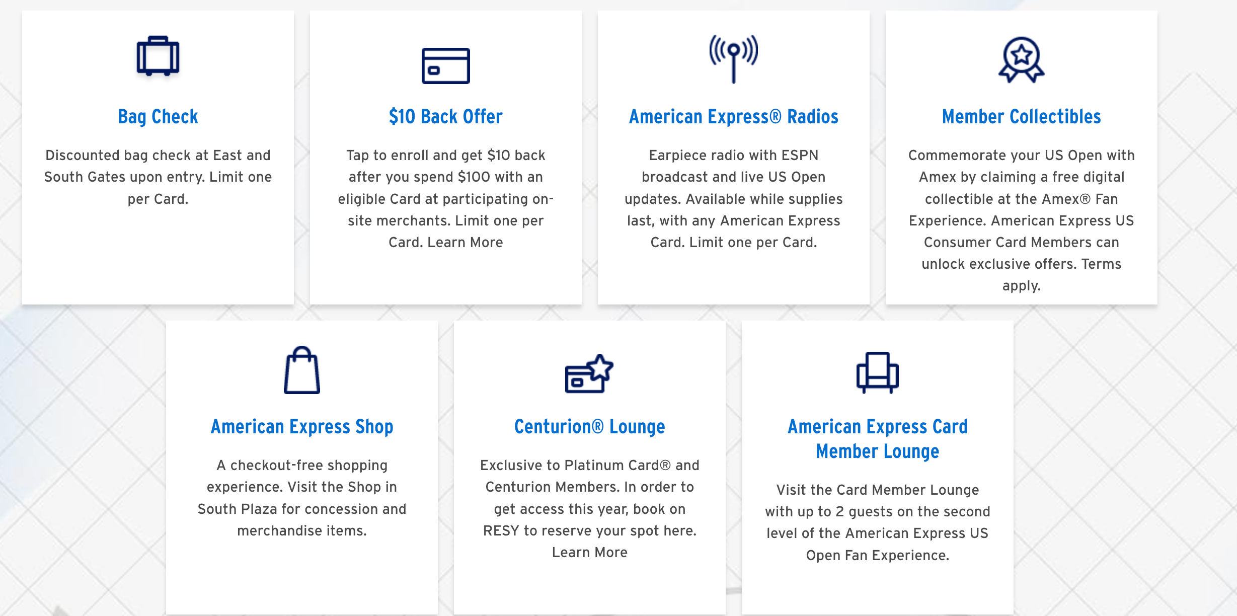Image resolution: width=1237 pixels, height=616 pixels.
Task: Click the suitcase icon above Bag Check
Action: (158, 56)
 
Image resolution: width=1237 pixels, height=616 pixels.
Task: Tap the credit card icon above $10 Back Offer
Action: (446, 65)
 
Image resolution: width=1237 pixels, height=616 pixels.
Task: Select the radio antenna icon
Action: (734, 58)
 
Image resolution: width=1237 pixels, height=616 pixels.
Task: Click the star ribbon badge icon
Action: (1022, 60)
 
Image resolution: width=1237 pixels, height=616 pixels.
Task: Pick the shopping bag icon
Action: (302, 370)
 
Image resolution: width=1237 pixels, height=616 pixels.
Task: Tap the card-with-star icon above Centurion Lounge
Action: (589, 373)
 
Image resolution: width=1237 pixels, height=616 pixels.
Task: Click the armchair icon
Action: (878, 372)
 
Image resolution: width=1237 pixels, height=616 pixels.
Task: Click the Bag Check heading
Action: (158, 117)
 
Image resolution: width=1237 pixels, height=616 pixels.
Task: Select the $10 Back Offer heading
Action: (446, 117)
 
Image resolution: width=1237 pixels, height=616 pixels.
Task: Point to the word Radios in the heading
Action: (813, 117)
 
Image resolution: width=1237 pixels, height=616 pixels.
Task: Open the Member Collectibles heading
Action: (1022, 117)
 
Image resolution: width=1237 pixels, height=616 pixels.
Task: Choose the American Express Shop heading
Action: (302, 427)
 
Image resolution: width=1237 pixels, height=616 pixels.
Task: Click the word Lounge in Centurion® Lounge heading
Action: (637, 427)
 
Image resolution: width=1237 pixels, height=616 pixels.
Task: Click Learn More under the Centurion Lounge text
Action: (590, 553)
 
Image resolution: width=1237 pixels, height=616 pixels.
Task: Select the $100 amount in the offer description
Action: (474, 177)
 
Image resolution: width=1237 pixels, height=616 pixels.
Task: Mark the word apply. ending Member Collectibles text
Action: (1022, 286)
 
